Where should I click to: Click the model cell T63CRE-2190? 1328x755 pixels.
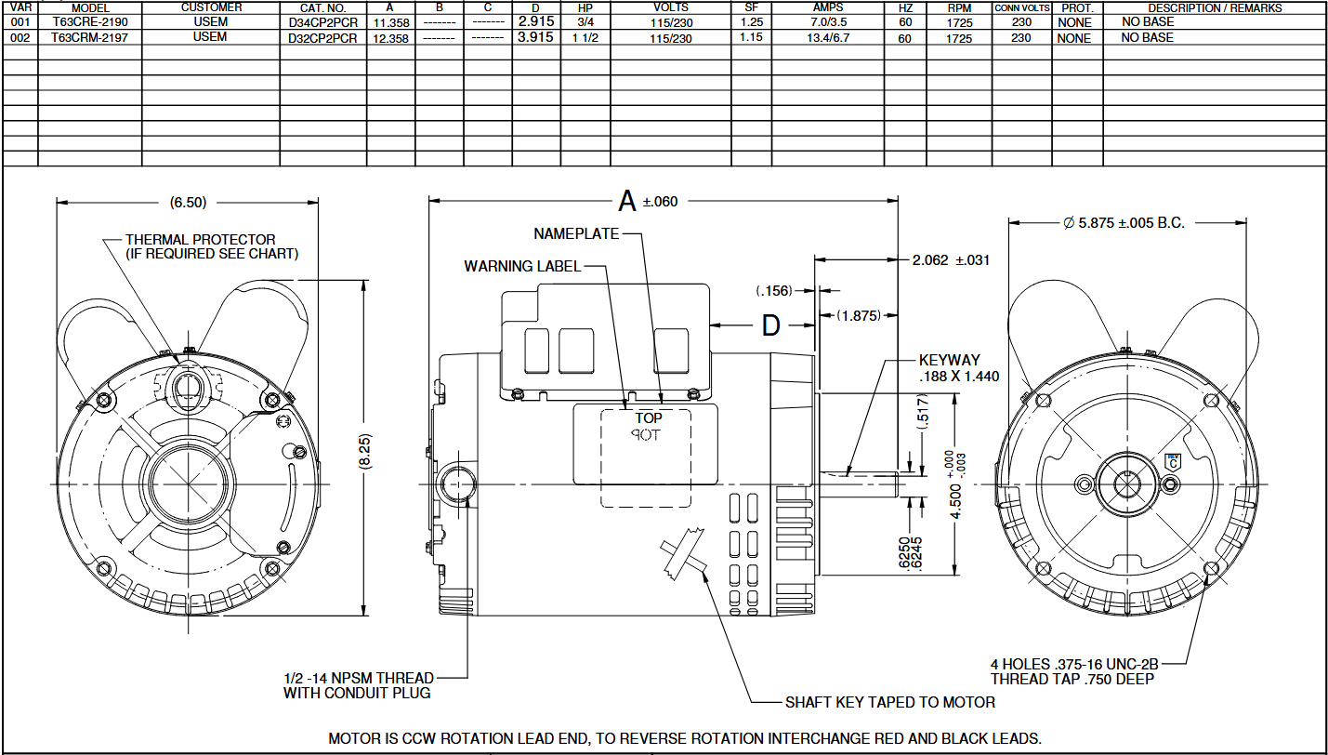tap(90, 22)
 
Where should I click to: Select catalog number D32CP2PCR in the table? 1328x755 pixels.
tap(322, 38)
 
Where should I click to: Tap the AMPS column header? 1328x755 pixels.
tap(828, 7)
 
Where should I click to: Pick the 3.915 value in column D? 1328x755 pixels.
tap(535, 37)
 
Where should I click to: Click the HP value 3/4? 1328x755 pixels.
tap(585, 22)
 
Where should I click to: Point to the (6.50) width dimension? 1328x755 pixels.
tap(188, 203)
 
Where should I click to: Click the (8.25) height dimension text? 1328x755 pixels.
tap(365, 451)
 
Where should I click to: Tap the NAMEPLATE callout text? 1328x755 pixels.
tap(576, 233)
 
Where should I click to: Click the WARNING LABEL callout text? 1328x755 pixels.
tap(522, 266)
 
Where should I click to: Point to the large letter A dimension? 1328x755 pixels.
tap(626, 201)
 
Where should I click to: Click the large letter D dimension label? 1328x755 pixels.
tap(770, 325)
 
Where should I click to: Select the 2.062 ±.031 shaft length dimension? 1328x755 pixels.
tap(951, 260)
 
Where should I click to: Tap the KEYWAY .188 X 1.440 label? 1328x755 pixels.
tap(959, 368)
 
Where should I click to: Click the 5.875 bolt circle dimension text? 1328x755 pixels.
tap(1124, 223)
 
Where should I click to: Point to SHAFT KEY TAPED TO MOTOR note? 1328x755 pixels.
tap(890, 702)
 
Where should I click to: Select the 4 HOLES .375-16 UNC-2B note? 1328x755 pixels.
tap(1074, 664)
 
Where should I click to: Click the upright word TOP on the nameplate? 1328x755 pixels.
tap(649, 418)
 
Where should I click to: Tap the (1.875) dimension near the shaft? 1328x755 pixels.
tap(859, 315)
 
